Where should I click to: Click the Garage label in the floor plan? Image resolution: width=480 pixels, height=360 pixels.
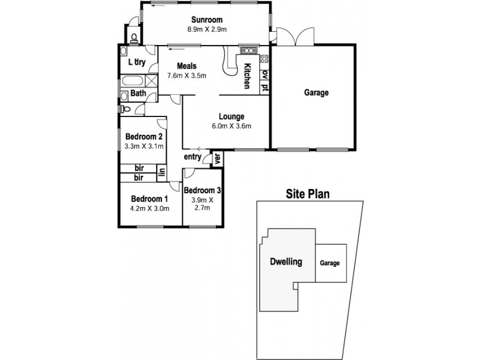click(316, 93)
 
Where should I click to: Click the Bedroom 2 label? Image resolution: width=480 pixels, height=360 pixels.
click(140, 136)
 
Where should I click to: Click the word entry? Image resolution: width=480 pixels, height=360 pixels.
click(193, 157)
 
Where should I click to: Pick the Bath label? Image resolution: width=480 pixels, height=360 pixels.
click(138, 93)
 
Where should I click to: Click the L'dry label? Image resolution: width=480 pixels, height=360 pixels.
click(138, 62)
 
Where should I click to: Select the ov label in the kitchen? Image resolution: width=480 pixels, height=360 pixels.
click(265, 74)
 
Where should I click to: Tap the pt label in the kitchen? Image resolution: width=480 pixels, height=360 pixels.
click(265, 88)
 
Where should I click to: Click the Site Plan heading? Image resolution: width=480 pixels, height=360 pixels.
click(309, 194)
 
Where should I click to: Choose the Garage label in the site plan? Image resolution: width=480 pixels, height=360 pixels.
click(330, 263)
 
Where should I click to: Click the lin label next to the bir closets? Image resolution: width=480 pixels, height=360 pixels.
click(161, 173)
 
